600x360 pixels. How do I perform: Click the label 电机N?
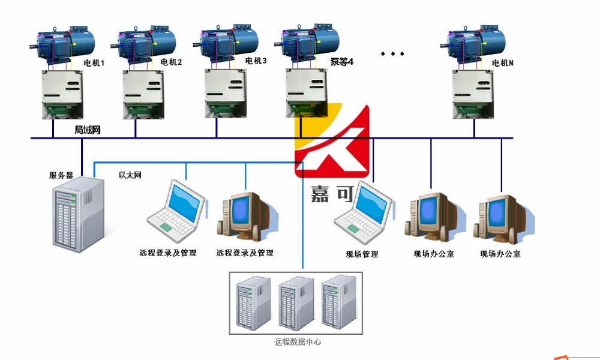(503, 62)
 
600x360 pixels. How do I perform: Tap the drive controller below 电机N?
(475, 94)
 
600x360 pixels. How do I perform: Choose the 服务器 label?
(61, 175)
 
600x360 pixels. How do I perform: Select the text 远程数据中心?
(298, 342)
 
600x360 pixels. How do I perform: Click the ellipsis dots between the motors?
(393, 54)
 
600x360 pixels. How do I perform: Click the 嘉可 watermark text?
(328, 193)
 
